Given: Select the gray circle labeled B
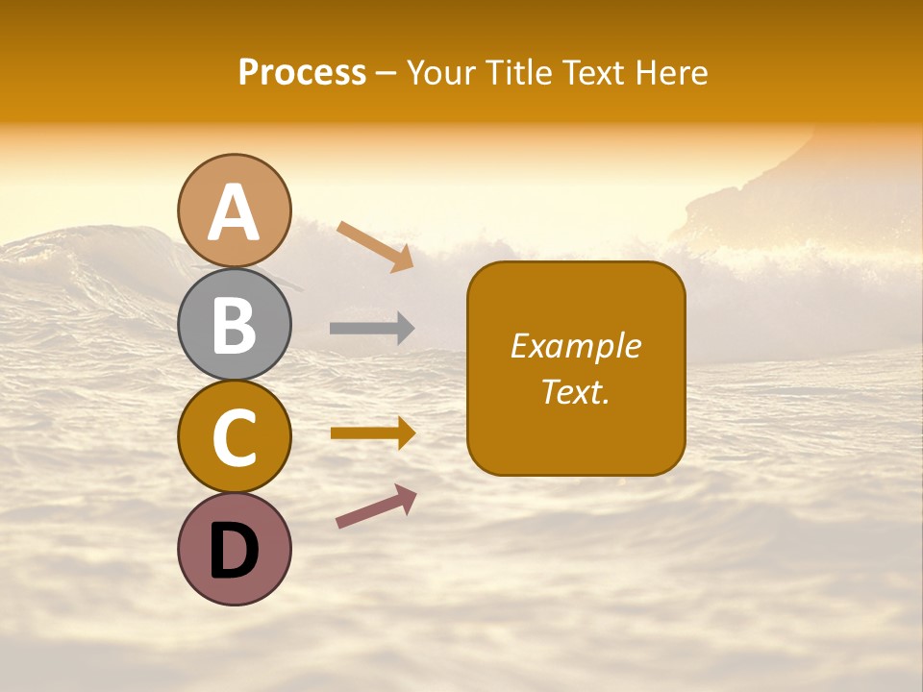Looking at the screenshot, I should coord(235,324).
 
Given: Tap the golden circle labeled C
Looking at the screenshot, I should coord(235,437).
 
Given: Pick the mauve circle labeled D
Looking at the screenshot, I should coord(235,549).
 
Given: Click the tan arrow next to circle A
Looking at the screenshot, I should coord(375,245).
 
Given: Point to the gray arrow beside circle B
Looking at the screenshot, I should coord(372,328).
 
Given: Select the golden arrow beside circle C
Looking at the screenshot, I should coord(372,433).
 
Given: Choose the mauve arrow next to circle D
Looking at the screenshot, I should coord(376,506).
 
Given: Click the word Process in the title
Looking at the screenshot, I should coord(302,73).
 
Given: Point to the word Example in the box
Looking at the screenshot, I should coord(576,346).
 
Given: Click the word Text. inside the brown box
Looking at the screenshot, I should coord(576,391).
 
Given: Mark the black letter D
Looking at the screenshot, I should coord(235,552).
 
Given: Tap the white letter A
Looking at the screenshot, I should coord(235,211).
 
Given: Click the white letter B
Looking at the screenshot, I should coord(235,324).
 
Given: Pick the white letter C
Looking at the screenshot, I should coord(235,437).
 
